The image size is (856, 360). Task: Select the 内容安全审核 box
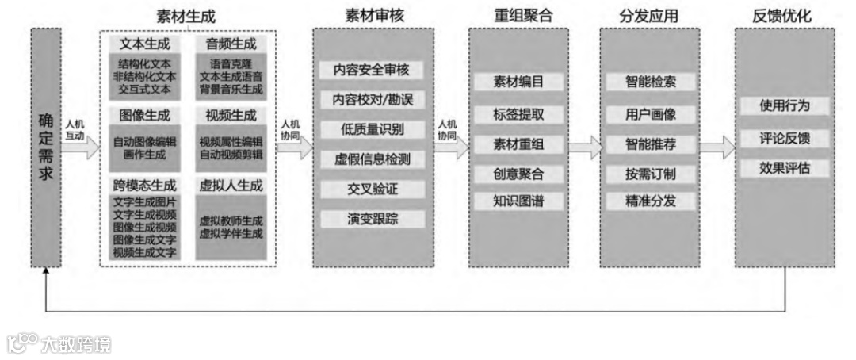pos(372,71)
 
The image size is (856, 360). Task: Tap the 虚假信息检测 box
pos(372,159)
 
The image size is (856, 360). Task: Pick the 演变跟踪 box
pos(372,218)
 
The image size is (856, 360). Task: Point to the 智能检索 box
pos(651,82)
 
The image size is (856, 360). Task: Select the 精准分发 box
pos(651,201)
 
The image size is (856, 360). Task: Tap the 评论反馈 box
pos(784,138)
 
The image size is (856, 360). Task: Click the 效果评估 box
pos(784,168)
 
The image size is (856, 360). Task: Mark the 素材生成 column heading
pos(187,16)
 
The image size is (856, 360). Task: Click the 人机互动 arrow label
pos(75,129)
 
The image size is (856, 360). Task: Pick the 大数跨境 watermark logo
pos(59,344)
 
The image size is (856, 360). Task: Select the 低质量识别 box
pos(372,129)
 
